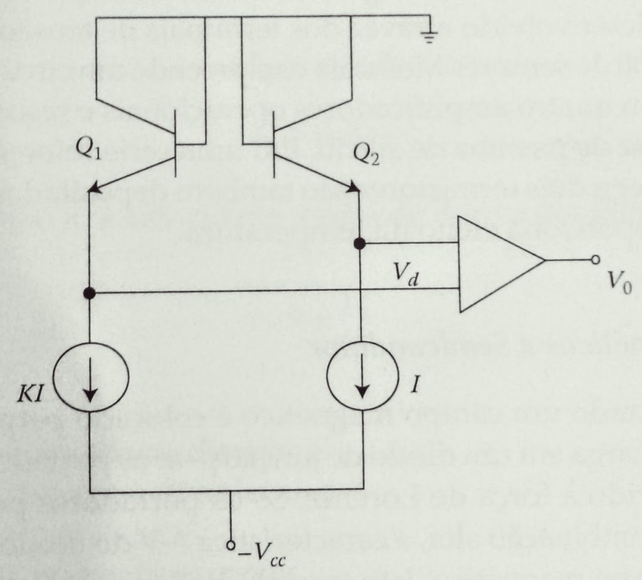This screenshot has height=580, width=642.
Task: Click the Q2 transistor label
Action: (x=366, y=156)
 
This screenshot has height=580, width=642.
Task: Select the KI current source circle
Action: (x=92, y=376)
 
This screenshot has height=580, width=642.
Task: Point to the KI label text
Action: (x=30, y=395)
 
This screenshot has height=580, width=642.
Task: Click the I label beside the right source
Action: (x=416, y=384)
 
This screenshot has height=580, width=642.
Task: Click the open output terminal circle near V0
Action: (x=596, y=260)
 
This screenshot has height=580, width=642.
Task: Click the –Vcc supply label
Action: (x=263, y=554)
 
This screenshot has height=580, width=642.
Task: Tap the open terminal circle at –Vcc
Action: (x=231, y=545)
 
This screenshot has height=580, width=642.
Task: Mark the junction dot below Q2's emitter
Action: (x=359, y=244)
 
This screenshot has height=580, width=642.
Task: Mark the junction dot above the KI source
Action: (x=89, y=293)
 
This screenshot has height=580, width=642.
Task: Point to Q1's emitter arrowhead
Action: (x=95, y=187)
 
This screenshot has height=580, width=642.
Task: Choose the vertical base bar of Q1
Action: (x=176, y=144)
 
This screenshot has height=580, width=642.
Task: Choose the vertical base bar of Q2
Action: (x=274, y=144)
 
